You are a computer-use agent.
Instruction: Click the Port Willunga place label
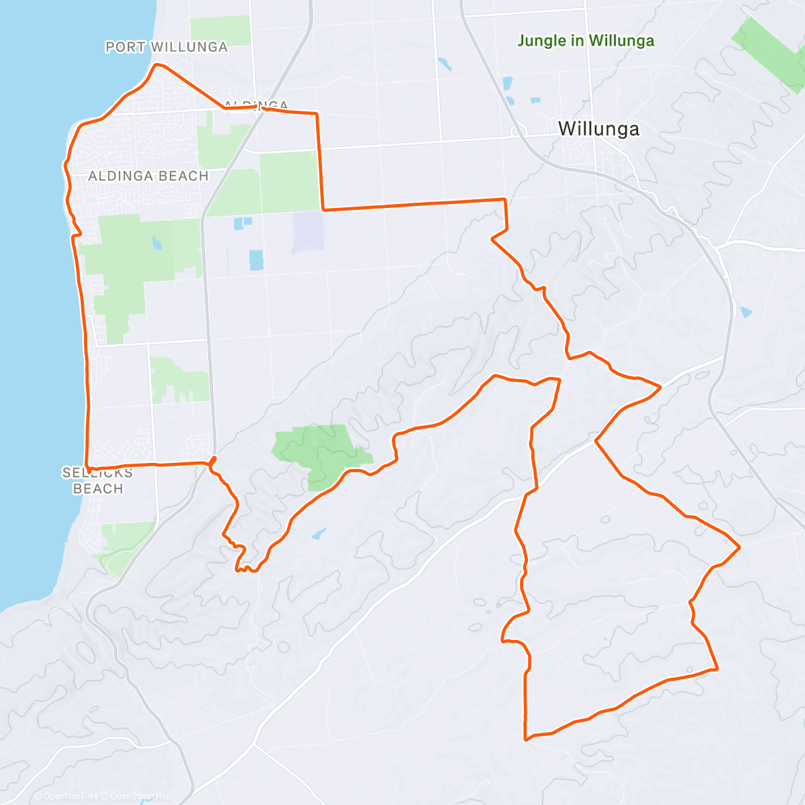pyautogui.click(x=166, y=47)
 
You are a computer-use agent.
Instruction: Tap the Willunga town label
pyautogui.click(x=598, y=129)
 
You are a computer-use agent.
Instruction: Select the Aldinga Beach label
pyautogui.click(x=148, y=176)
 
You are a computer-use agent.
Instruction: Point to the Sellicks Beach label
pyautogui.click(x=98, y=480)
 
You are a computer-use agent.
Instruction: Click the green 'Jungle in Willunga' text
pyautogui.click(x=586, y=41)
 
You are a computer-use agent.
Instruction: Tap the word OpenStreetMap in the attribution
pyautogui.click(x=141, y=796)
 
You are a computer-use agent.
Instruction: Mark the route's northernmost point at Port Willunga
pyautogui.click(x=157, y=64)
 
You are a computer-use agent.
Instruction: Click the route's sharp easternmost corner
pyautogui.click(x=739, y=547)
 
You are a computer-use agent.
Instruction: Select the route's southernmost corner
pyautogui.click(x=526, y=740)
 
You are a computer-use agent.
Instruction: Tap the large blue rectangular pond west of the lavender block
pyautogui.click(x=256, y=260)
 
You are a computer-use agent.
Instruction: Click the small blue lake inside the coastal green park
pyautogui.click(x=156, y=243)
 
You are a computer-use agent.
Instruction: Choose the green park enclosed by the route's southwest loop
pyautogui.click(x=320, y=453)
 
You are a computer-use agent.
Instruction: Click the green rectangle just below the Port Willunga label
pyautogui.click(x=220, y=30)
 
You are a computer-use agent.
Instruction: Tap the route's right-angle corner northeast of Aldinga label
pyautogui.click(x=317, y=115)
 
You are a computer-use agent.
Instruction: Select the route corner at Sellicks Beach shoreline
pyautogui.click(x=89, y=468)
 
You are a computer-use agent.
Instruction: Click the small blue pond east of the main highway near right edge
pyautogui.click(x=745, y=312)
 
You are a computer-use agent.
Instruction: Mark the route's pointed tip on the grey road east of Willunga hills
pyautogui.click(x=661, y=387)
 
